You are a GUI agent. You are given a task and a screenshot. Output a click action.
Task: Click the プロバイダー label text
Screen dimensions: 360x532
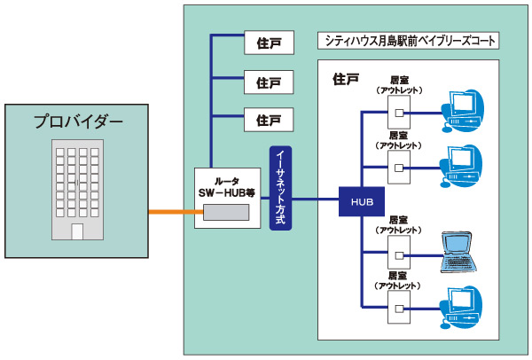tap(78, 121)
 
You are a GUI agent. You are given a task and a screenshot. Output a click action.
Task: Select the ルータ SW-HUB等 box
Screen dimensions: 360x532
tap(228, 199)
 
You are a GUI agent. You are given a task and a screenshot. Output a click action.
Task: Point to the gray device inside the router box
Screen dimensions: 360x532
tap(227, 213)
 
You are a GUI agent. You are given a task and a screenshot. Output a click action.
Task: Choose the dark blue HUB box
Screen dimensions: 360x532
tap(361, 201)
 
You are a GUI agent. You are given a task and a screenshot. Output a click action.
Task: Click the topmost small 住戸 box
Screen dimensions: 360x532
tap(268, 42)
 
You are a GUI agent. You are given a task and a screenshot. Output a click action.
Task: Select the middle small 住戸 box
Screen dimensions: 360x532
tap(268, 81)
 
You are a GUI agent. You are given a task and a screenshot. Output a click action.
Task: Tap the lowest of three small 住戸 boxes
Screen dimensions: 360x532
tap(268, 119)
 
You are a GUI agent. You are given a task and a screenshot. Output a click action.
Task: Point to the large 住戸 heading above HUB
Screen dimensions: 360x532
tap(346, 78)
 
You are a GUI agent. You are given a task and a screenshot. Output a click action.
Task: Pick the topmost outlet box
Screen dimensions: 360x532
tap(399, 112)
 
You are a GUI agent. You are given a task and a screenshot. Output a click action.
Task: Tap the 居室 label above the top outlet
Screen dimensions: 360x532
tap(399, 80)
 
